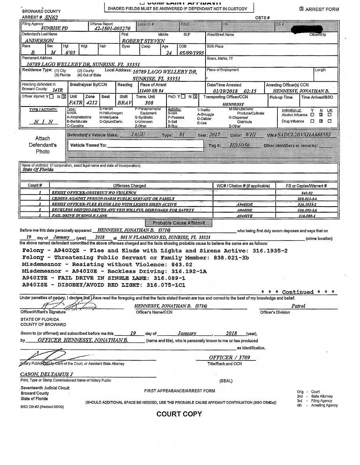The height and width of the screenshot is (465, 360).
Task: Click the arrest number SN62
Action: pos(51,18)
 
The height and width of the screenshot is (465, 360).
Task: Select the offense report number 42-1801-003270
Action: pos(112,29)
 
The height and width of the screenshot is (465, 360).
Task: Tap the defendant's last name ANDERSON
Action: pos(39,41)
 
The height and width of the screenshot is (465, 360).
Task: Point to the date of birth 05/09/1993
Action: pos(191,52)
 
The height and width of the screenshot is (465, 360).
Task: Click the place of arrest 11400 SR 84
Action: pos(151,91)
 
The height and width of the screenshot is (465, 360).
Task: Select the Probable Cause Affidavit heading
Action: pos(178,223)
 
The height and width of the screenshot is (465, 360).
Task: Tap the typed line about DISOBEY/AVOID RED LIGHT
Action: pos(104,285)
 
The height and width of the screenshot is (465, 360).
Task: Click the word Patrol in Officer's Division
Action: pos(298,306)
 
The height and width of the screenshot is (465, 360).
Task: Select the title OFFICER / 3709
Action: pos(229,357)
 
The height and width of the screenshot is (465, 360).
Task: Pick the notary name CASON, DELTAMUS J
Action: pos(47,374)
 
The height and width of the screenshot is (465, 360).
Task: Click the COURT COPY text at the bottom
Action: pos(179,414)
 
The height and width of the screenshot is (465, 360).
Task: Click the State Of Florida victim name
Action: pos(38,169)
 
